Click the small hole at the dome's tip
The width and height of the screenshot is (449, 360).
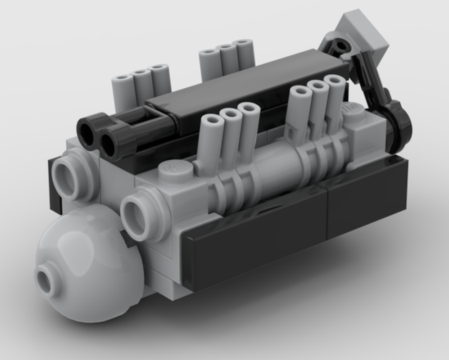(47, 279)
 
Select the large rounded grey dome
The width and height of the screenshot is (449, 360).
(88, 265)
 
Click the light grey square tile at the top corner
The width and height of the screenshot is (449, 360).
(365, 34)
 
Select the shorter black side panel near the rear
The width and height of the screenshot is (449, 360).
(367, 196)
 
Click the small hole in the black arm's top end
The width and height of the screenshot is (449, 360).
(341, 45)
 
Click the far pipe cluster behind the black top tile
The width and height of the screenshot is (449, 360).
(227, 61)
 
